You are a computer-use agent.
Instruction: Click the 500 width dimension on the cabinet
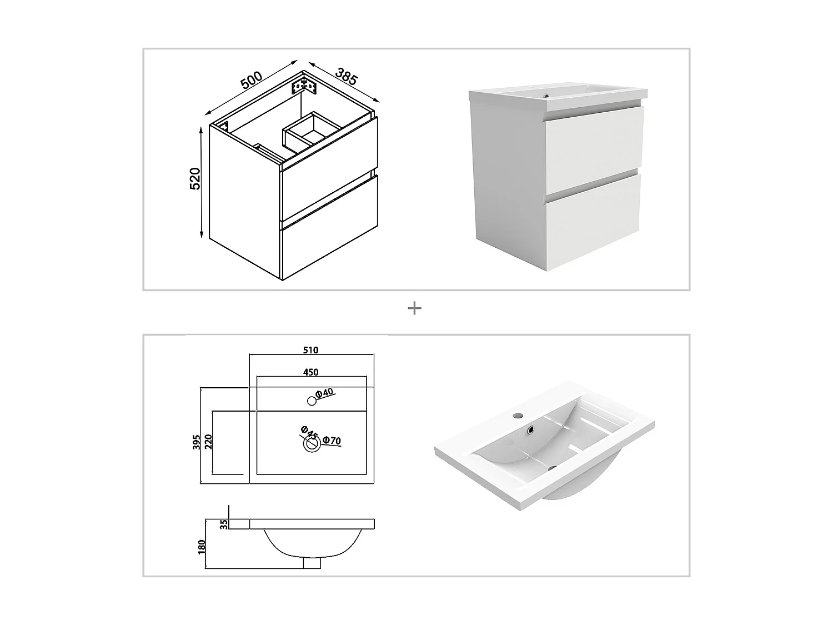pos(251,80)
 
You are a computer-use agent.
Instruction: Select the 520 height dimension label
pos(195,178)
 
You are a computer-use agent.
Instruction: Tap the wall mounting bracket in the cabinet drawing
pos(303,86)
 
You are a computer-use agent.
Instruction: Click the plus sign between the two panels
pos(414,308)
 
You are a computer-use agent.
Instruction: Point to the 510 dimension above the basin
pos(311,350)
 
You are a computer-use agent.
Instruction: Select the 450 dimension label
pos(311,372)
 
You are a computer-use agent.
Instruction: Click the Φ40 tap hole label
pos(324,393)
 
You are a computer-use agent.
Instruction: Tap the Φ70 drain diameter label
pos(332,441)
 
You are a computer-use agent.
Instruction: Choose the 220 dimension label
pos(209,442)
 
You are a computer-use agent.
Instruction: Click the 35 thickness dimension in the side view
pos(224,524)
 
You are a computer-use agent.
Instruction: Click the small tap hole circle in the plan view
pos(312,400)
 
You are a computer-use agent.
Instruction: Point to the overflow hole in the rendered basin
pos(532,429)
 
